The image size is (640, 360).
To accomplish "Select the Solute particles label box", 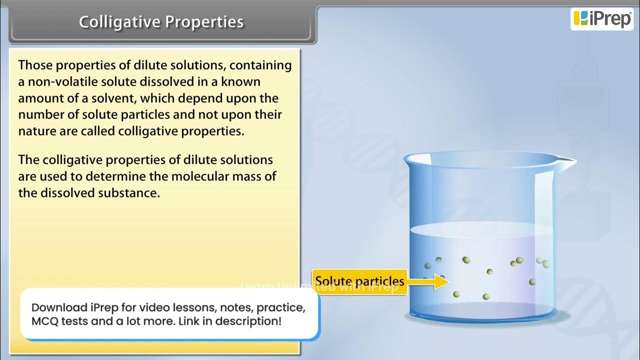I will tap(358, 281).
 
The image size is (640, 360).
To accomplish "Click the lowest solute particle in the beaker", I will tap(485, 297).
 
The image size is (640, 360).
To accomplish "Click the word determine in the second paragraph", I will tap(117, 176).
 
